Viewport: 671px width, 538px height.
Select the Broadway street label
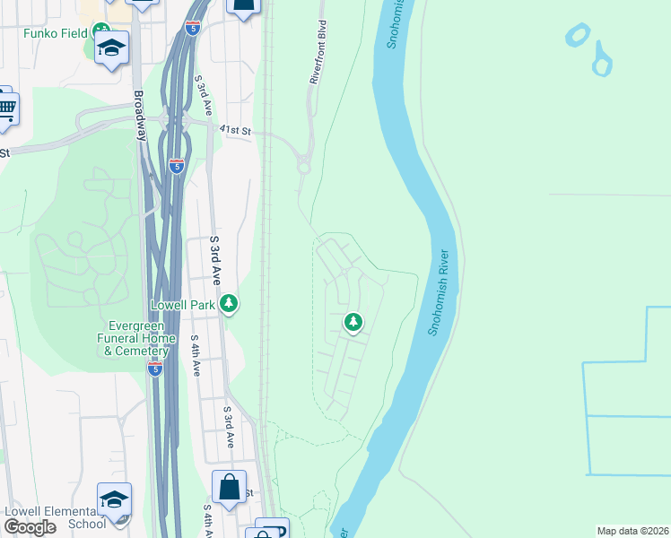[x=139, y=116]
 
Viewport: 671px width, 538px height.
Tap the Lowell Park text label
[x=182, y=305]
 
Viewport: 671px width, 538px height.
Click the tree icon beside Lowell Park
[x=230, y=305]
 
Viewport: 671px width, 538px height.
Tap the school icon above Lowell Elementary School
[x=114, y=499]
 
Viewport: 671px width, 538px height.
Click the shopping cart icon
[x=5, y=107]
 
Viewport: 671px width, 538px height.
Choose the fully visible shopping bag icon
[x=229, y=488]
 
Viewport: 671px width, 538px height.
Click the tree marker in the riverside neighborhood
[x=353, y=322]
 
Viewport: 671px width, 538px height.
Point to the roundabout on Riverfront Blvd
[x=303, y=166]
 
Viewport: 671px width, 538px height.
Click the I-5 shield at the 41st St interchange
[x=176, y=166]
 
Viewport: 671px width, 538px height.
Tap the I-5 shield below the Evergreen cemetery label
[x=155, y=369]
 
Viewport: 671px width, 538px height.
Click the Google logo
[x=30, y=527]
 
